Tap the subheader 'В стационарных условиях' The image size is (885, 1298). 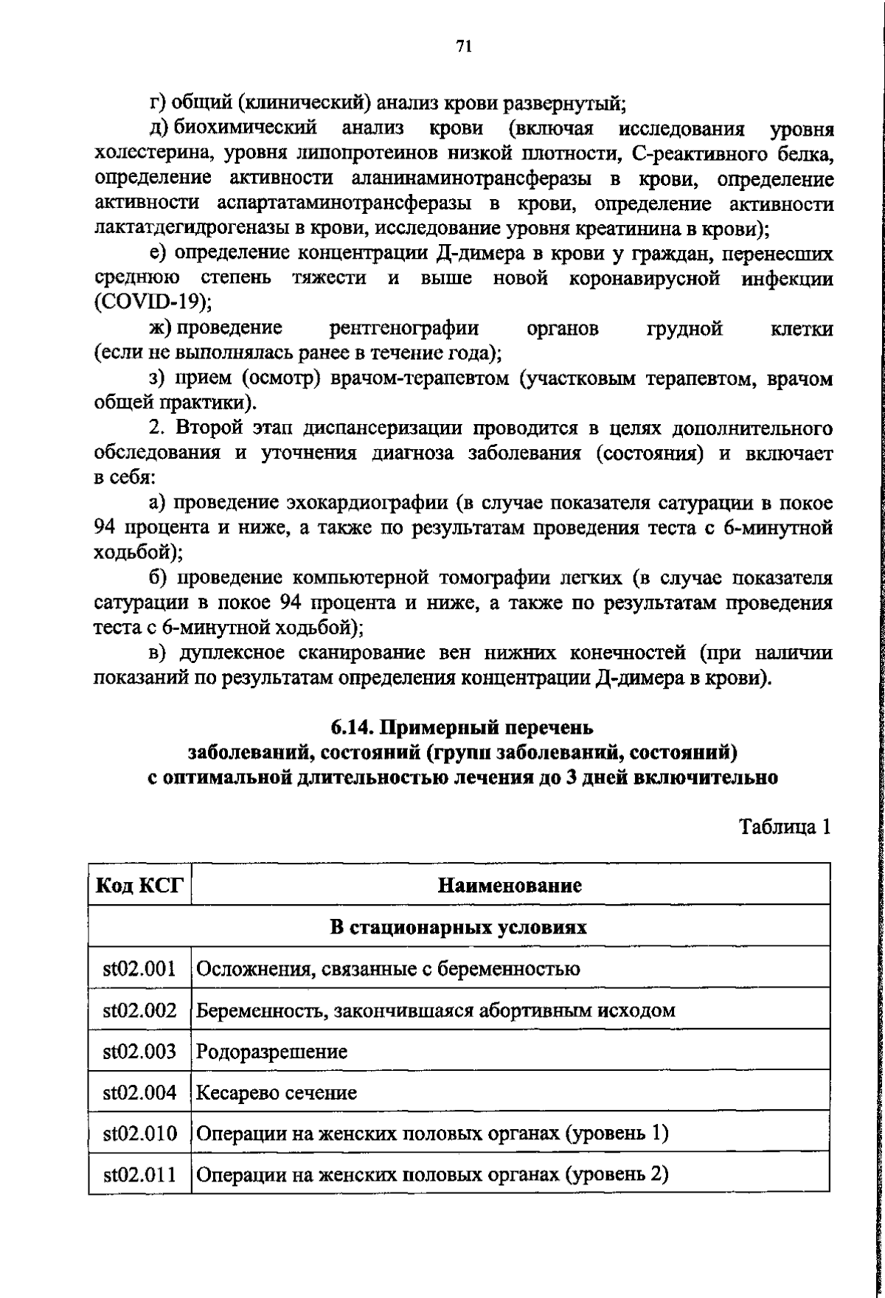(x=458, y=927)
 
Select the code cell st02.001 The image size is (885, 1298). (x=139, y=968)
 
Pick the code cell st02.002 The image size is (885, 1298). (x=139, y=1010)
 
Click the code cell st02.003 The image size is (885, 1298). (x=139, y=1051)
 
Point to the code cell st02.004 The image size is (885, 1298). (x=139, y=1092)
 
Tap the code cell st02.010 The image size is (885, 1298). (x=139, y=1134)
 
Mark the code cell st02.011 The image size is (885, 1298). (x=139, y=1175)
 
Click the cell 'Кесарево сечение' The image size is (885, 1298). (x=277, y=1093)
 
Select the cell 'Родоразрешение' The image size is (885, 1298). (x=272, y=1052)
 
